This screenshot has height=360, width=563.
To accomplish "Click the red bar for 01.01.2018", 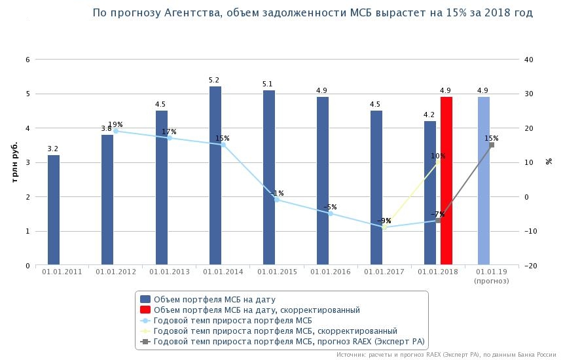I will [446, 181].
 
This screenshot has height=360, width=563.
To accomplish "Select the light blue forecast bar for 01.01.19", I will [483, 181].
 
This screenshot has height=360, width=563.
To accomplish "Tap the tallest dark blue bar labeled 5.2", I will [215, 176].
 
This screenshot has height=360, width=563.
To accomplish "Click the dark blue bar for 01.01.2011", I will [54, 210].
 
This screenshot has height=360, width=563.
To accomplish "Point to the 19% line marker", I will [116, 131].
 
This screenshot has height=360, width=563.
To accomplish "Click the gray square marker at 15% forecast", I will [492, 145].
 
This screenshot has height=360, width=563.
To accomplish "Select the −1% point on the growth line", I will [277, 200].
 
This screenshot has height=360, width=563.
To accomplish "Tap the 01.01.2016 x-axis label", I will [331, 272].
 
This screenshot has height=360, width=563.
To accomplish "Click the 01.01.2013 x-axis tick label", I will [170, 272].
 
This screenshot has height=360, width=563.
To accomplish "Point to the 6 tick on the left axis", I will [27, 60].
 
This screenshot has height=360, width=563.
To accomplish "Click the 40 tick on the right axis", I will [530, 60].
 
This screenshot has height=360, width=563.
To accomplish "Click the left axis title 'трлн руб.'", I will [14, 162].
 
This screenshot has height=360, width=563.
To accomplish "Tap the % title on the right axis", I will [549, 162].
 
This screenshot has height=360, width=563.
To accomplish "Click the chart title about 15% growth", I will [312, 13].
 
